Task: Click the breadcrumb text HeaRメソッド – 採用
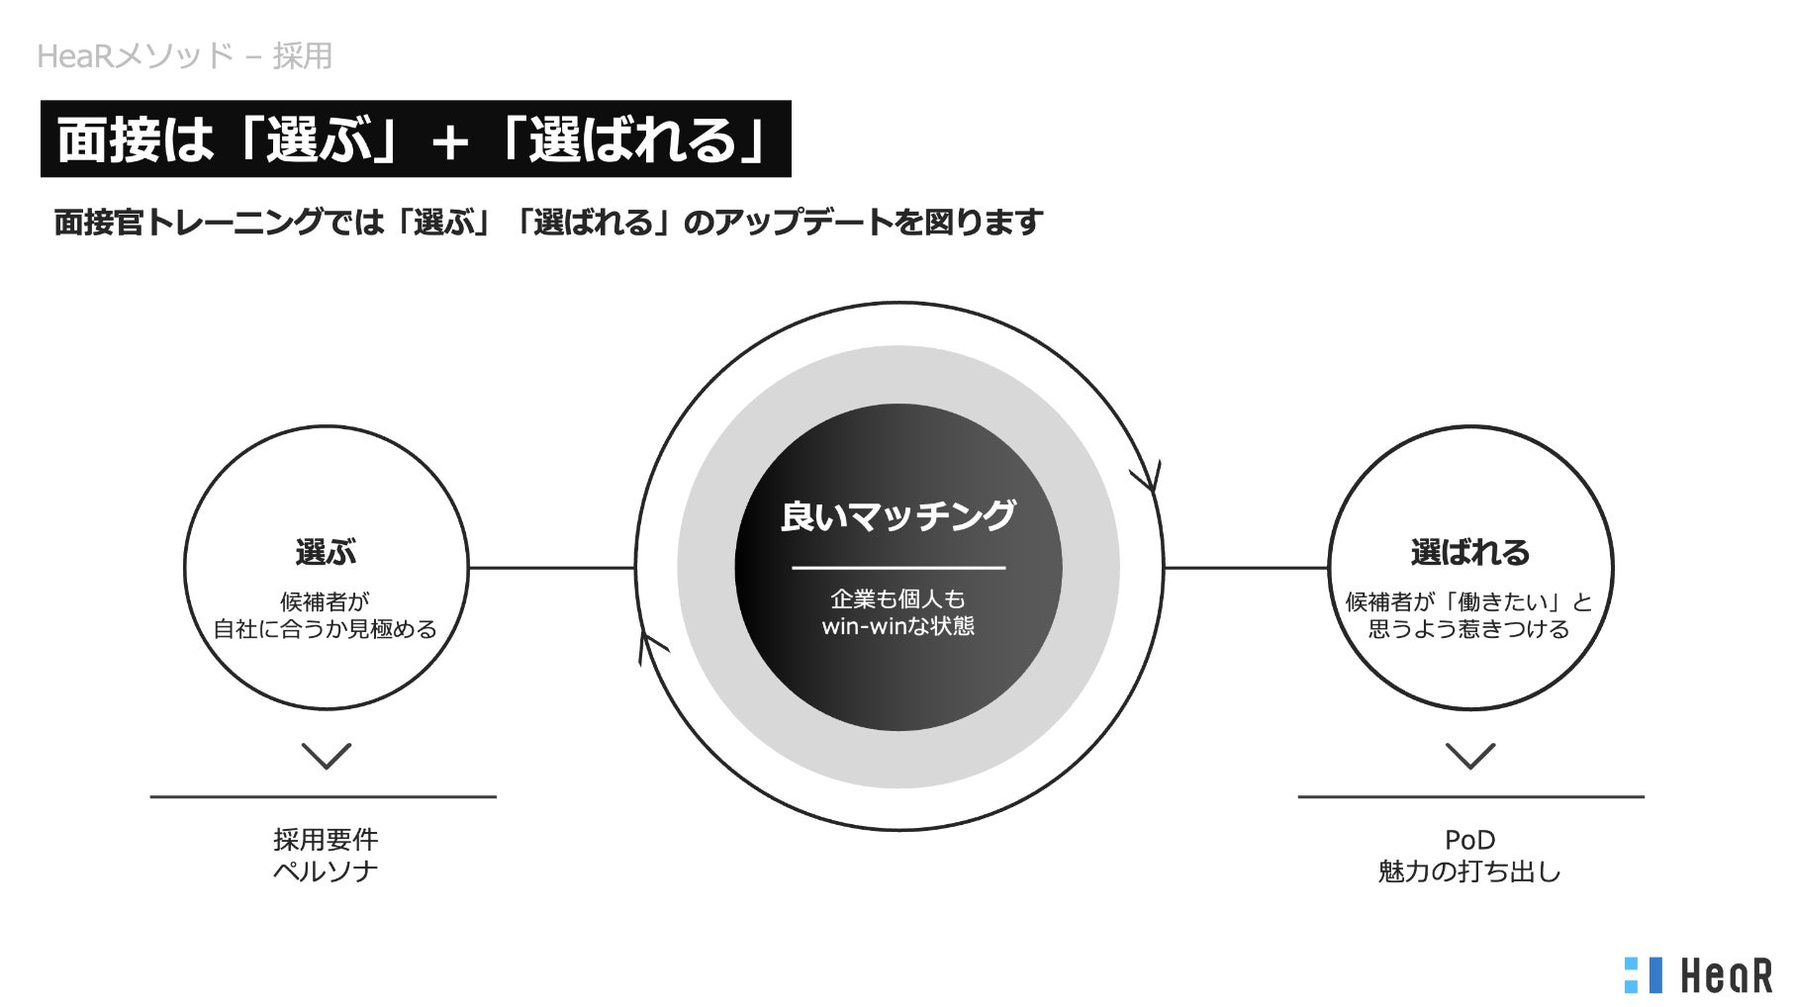(x=184, y=56)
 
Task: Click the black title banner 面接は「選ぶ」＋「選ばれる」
(x=416, y=138)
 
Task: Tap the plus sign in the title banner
(x=449, y=142)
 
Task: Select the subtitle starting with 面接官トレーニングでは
(x=548, y=222)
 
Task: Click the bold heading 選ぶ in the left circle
(x=326, y=552)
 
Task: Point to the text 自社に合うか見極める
(x=326, y=629)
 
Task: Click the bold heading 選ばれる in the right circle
(x=1469, y=552)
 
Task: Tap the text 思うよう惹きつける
(x=1469, y=629)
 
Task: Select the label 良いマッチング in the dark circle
(x=897, y=516)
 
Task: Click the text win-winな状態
(x=897, y=626)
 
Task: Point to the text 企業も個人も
(x=897, y=598)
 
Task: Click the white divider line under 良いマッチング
(x=897, y=568)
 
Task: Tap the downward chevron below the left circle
(x=326, y=756)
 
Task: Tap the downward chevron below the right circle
(x=1470, y=756)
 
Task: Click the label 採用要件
(x=326, y=840)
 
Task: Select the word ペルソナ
(x=326, y=871)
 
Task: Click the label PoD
(x=1469, y=840)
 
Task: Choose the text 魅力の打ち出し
(x=1469, y=871)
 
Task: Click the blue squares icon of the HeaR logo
(x=1644, y=974)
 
